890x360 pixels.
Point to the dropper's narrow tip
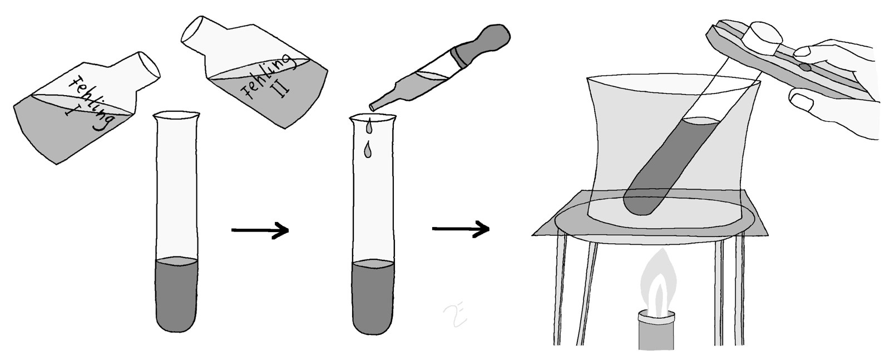click(x=373, y=106)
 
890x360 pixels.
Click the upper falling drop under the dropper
click(x=369, y=125)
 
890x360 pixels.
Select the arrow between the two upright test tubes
click(x=260, y=230)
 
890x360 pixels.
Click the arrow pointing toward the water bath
click(x=461, y=229)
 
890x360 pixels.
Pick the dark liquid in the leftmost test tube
click(x=176, y=294)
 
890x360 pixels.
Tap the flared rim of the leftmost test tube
click(x=176, y=116)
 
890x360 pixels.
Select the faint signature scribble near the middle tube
click(x=456, y=316)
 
